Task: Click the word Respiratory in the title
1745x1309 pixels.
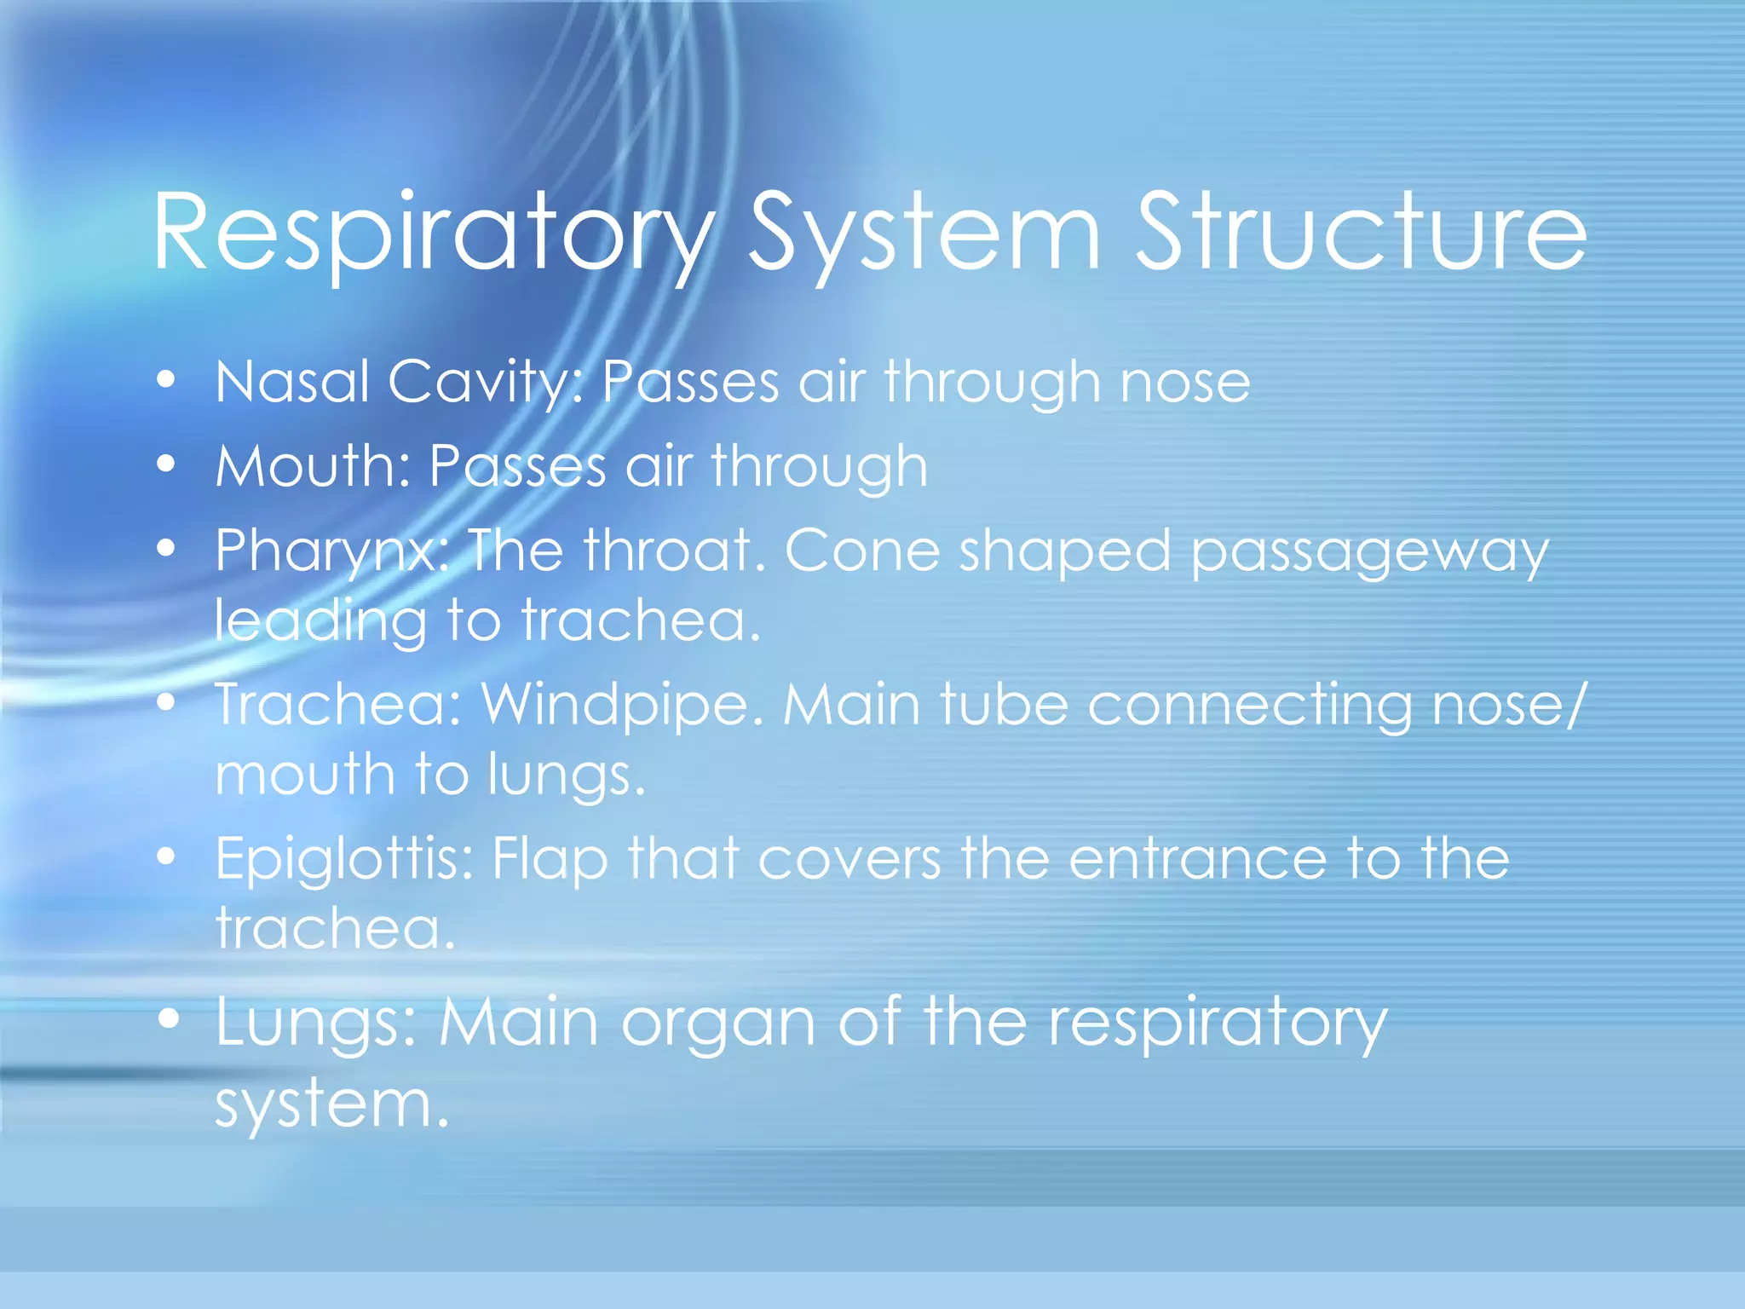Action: [x=433, y=234]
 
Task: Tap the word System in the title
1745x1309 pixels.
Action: [x=925, y=234]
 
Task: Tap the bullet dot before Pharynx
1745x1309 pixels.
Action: [x=167, y=548]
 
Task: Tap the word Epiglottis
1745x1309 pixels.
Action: [x=344, y=859]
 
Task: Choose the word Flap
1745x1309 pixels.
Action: [x=550, y=859]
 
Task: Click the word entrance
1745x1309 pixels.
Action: [x=1197, y=858]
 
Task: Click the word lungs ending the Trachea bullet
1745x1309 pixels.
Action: [x=567, y=775]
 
